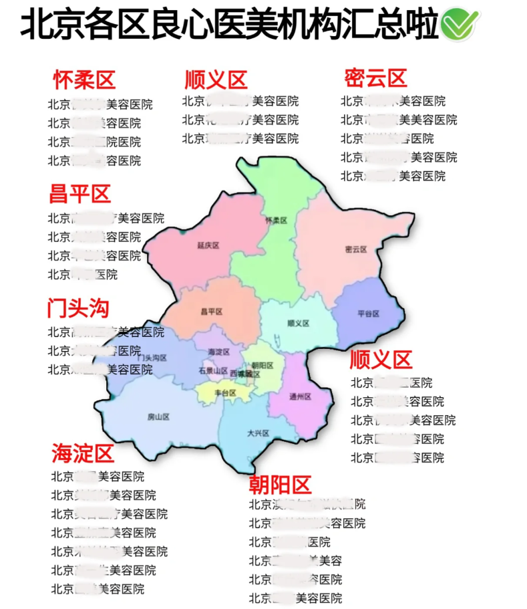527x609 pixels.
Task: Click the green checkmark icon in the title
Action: pos(459,25)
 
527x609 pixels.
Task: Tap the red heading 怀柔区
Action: pos(84,80)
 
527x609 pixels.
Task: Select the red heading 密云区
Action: pos(376,78)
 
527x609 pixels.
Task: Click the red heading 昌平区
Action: pos(79,195)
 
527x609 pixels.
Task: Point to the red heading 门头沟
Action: pos(78,308)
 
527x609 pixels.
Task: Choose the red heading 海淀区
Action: pos(83,454)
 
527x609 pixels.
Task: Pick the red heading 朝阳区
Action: pos(281,483)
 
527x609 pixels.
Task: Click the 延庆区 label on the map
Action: pos(208,245)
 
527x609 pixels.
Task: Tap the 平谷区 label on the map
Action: pos(368,314)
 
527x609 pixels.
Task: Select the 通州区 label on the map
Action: pos(300,396)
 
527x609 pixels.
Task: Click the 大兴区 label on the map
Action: pos(257,433)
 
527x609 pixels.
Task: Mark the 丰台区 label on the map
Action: pos(226,393)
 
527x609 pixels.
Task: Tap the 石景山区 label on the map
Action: pos(213,370)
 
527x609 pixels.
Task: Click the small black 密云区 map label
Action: pos(356,249)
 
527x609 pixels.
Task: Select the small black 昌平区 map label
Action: pos(211,312)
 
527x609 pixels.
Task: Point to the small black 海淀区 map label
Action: pos(219,352)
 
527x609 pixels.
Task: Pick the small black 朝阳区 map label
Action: pos(262,365)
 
